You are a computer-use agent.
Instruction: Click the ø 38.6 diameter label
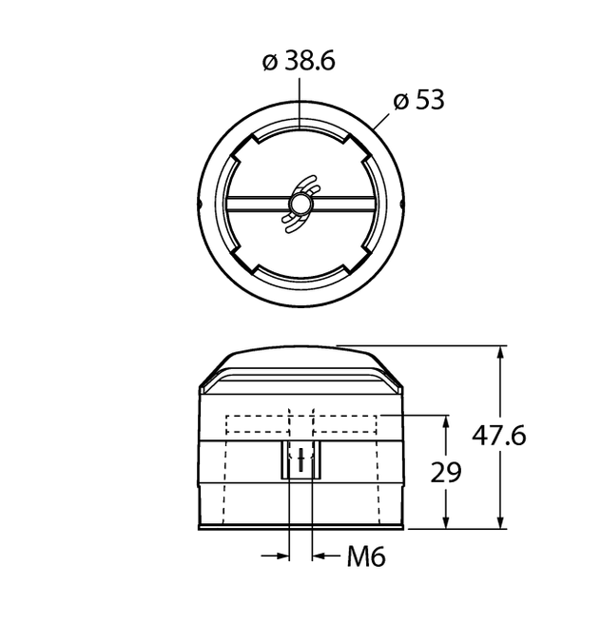[299, 62]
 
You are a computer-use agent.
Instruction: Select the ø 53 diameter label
[419, 100]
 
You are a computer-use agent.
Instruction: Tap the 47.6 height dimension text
[499, 436]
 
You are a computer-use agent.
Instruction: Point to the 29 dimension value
[447, 472]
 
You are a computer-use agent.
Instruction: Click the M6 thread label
[365, 556]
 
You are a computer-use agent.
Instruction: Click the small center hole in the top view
[300, 204]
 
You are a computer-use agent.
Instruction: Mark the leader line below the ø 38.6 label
[300, 100]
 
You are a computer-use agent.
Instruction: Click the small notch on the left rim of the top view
[200, 205]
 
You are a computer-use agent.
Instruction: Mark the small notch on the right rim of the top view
[401, 205]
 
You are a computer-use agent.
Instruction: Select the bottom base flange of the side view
[300, 527]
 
